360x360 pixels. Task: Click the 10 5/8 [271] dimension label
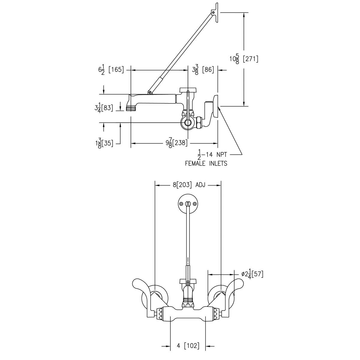point(244,59)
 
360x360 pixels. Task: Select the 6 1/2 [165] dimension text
point(111,70)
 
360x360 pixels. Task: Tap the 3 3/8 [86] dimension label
point(203,70)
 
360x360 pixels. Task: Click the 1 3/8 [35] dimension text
point(103,143)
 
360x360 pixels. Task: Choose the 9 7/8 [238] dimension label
point(177,143)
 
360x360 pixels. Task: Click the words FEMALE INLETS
point(206,163)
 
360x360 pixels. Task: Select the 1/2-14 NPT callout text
point(213,155)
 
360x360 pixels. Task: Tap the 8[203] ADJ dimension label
point(189,185)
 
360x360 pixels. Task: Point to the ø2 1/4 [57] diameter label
point(252,274)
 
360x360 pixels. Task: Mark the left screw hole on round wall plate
point(181,204)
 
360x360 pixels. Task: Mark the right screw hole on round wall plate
point(195,204)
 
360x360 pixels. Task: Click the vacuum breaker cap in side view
point(188,90)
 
